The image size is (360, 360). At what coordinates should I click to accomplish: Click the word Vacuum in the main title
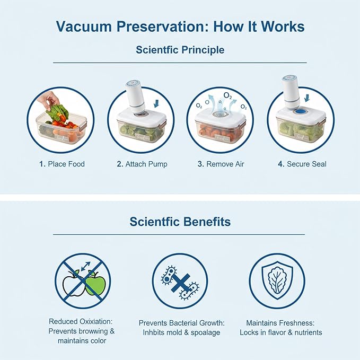84,27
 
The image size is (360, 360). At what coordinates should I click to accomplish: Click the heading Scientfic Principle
180,50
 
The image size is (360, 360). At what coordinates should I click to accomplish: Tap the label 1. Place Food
62,164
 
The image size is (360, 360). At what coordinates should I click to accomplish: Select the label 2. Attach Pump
142,164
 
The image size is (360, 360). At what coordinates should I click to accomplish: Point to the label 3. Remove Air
221,164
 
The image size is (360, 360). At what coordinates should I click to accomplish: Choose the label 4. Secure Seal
302,164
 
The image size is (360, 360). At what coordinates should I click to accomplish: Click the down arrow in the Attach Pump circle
156,103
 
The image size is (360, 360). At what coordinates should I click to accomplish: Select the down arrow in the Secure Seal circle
307,98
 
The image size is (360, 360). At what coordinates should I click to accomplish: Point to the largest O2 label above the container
227,95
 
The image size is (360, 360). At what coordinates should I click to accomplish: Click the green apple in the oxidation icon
95,283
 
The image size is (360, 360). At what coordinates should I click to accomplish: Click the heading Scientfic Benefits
180,222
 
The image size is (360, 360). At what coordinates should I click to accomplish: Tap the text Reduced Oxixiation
81,321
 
